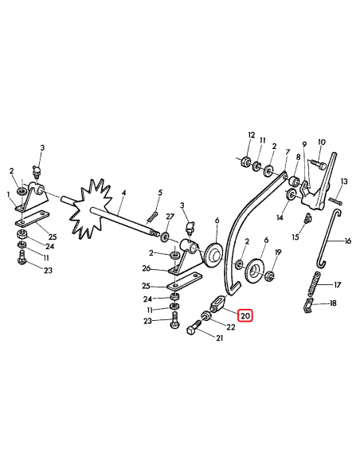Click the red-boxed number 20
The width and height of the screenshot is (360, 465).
245,316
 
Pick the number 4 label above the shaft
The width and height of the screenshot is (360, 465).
123,193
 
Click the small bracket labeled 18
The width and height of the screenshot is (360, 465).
309,306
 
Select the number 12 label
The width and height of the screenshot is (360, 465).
251,135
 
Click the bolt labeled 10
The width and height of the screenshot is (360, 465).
319,163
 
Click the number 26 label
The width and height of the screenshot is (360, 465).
147,268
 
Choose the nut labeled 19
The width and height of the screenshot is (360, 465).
269,275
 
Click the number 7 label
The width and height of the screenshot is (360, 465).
287,152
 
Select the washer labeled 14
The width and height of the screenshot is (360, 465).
291,194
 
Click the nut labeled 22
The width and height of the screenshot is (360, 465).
205,316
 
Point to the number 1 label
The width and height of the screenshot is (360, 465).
9,194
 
